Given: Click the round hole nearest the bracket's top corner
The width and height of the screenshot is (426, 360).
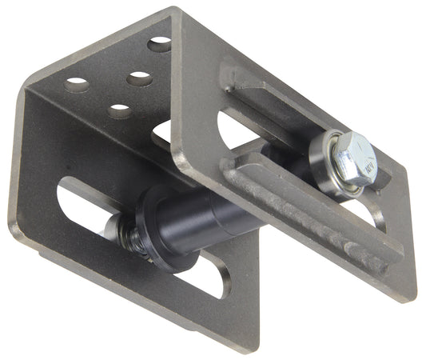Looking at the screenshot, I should point(160,45).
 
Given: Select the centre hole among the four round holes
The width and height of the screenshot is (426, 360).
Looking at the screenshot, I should point(138,78).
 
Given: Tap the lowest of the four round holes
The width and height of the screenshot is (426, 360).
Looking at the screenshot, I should point(120,110).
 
